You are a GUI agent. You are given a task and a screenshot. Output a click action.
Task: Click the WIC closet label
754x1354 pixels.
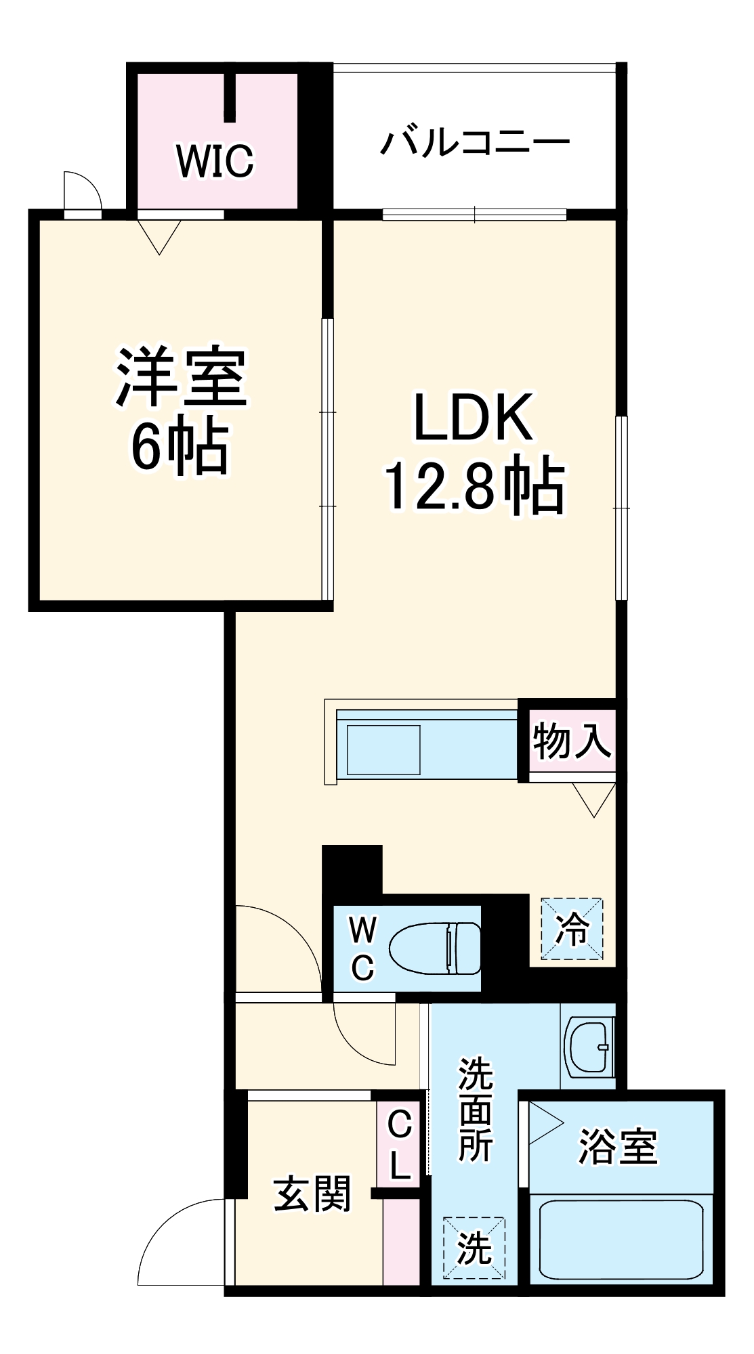pos(215,161)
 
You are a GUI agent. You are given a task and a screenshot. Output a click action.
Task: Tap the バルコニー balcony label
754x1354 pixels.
pos(474,143)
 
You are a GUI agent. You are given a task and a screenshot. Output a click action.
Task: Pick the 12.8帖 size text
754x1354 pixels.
pos(474,485)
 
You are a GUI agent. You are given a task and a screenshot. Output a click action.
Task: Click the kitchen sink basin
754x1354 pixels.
pos(383,749)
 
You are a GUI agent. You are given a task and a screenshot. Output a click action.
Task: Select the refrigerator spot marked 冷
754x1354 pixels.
pos(572,928)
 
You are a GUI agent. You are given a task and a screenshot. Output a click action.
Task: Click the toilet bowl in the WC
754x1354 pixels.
pos(434,948)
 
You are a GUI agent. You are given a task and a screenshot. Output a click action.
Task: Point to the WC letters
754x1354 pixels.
pos(362,948)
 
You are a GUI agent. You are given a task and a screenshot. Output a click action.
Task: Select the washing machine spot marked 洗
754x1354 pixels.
pos(474,1247)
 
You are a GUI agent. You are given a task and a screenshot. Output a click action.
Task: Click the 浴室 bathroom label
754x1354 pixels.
pos(617,1147)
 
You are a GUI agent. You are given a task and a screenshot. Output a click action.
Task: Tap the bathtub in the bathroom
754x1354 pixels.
pos(621,1240)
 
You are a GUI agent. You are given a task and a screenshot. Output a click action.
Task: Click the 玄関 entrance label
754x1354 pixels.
pos(312,1194)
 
